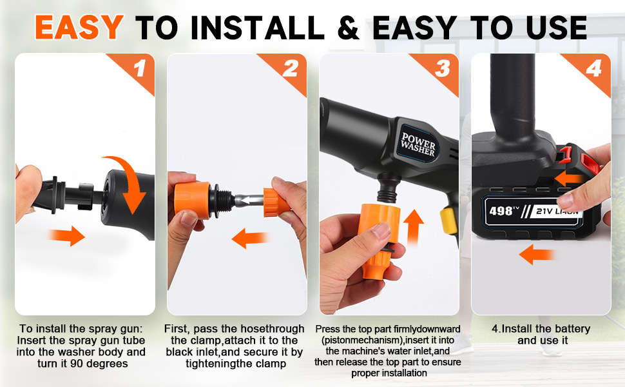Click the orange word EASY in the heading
click(79, 27)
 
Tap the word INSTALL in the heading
click(258, 28)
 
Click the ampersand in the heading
click(349, 28)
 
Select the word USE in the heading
click(556, 28)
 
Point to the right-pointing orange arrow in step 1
click(66, 235)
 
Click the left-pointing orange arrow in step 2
click(249, 238)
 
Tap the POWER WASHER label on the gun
click(418, 144)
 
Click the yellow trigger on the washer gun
click(448, 221)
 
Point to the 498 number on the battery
click(501, 210)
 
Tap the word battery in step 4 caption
click(571, 329)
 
